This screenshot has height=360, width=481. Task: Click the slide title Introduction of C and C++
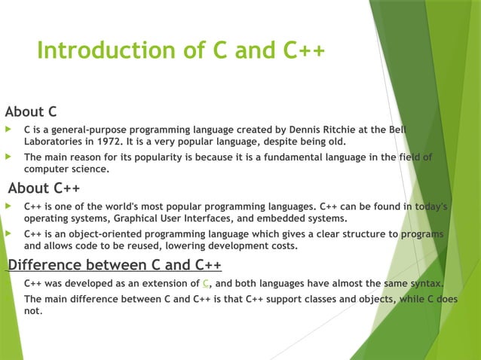(x=181, y=50)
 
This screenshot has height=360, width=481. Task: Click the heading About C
(x=31, y=112)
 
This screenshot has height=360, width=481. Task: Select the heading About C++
(x=44, y=188)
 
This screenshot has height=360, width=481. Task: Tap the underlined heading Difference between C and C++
(x=115, y=265)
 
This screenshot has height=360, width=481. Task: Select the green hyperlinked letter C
(x=206, y=283)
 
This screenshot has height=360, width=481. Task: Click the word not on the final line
(x=32, y=310)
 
